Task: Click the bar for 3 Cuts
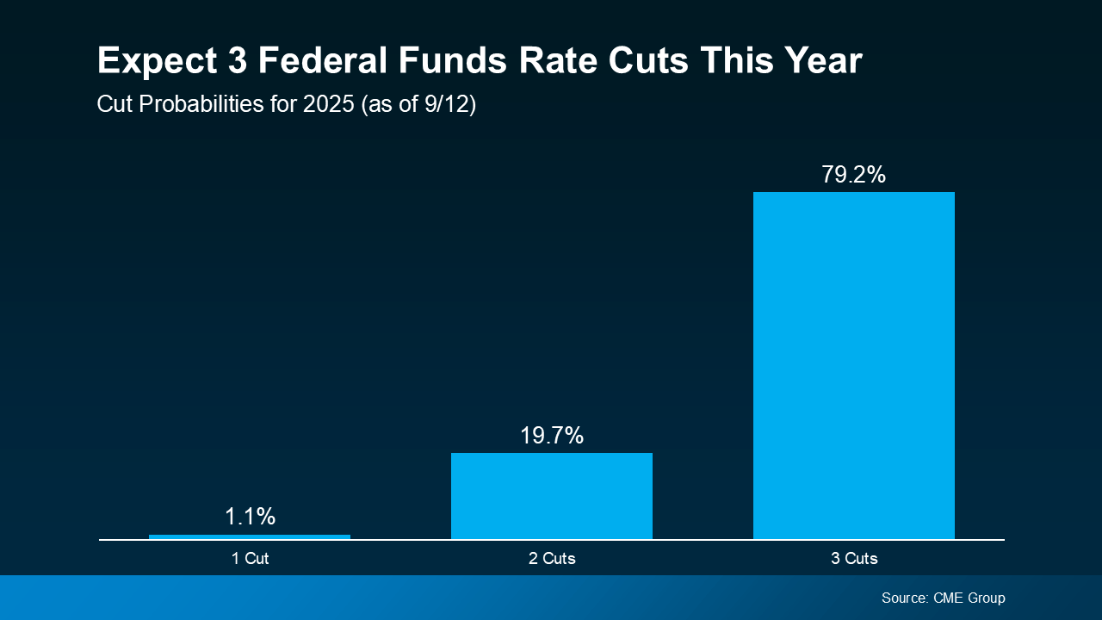pos(853,366)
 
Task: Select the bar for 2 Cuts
pos(551,496)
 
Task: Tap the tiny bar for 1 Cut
pos(250,536)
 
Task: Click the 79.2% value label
pos(853,175)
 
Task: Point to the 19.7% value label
pos(551,436)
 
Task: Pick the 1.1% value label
pos(250,517)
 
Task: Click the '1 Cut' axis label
pos(250,559)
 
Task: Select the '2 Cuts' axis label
pos(552,559)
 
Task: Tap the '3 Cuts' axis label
pos(854,559)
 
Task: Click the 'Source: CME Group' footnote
pos(943,598)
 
